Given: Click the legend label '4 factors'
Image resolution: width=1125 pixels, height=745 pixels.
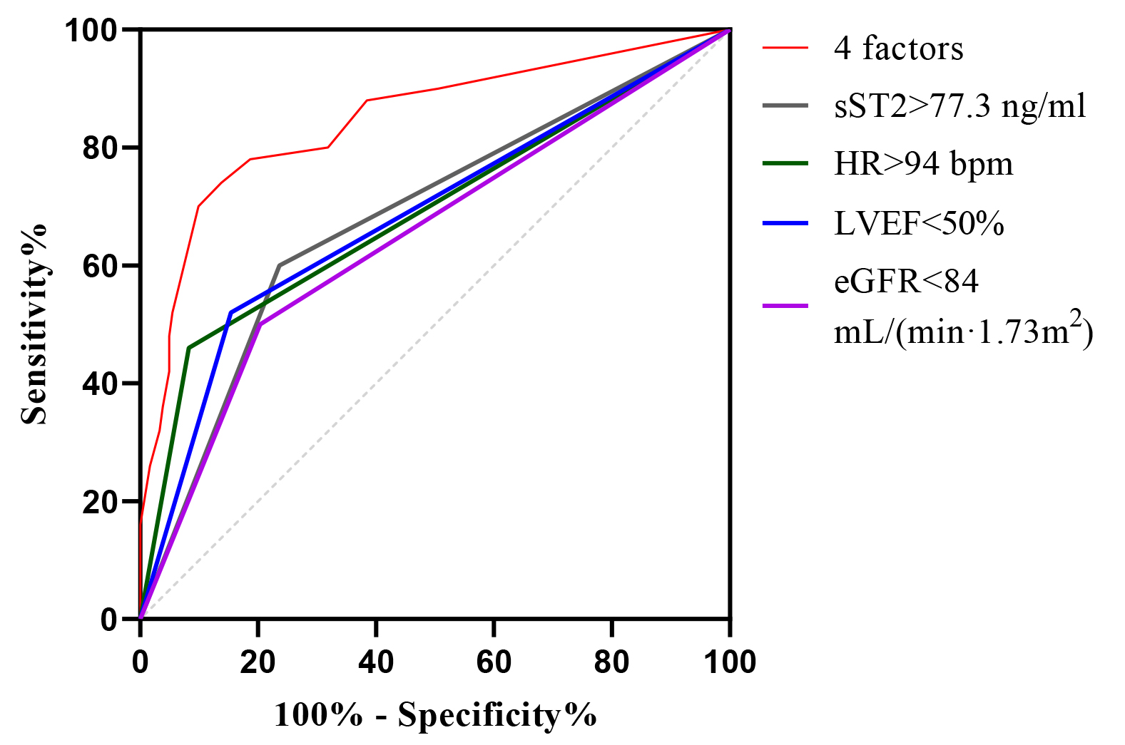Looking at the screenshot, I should (x=898, y=48).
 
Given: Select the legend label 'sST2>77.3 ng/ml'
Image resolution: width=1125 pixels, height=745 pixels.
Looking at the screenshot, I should (x=959, y=106).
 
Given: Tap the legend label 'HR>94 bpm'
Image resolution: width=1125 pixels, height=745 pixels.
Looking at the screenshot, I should (x=923, y=164).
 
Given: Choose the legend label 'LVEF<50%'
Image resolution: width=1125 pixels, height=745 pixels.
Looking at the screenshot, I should (x=919, y=224).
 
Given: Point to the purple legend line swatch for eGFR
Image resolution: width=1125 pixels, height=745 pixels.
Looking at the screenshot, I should (x=785, y=306).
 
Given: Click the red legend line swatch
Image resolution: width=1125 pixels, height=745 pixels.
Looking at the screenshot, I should (x=785, y=48).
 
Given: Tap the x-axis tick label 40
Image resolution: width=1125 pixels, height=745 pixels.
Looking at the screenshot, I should (x=376, y=662).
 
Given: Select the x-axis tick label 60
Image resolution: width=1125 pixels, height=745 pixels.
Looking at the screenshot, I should (x=494, y=662).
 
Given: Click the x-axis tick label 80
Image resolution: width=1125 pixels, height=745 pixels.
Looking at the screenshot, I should (x=611, y=662).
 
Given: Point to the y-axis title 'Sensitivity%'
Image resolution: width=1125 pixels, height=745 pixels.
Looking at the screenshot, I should (x=34, y=324).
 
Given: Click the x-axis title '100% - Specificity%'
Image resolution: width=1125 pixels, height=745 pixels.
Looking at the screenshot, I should (x=435, y=714).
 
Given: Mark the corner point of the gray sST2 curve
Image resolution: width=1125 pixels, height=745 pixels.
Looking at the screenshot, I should (x=280, y=265).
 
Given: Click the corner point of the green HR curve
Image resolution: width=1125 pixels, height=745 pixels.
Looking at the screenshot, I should (x=188, y=348).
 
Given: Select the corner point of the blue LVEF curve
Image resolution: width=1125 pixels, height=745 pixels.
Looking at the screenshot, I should (x=231, y=312).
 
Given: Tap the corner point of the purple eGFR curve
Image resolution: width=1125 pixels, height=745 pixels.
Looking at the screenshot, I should (x=260, y=324).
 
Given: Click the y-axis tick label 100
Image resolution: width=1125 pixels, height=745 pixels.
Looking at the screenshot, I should (x=91, y=31).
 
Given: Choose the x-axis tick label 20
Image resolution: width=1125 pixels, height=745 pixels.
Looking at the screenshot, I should (x=258, y=662).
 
